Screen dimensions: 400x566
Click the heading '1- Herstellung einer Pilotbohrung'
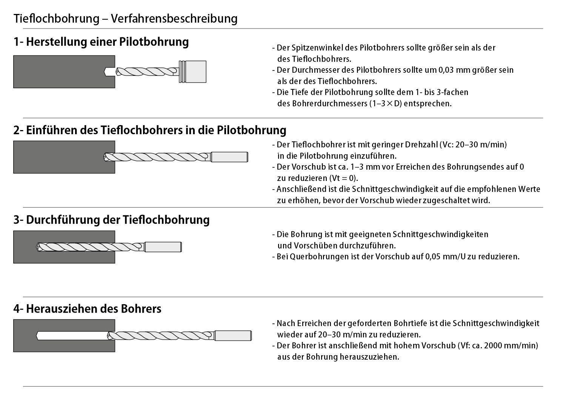pos(101,41)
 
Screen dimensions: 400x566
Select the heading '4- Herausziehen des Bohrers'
pos(88,309)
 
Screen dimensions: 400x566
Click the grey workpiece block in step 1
pos(57,72)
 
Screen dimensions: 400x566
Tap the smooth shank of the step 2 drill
pos(229,157)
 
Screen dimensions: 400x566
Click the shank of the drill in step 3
pos(163,247)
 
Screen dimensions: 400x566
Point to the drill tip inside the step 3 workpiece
pos(40,247)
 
